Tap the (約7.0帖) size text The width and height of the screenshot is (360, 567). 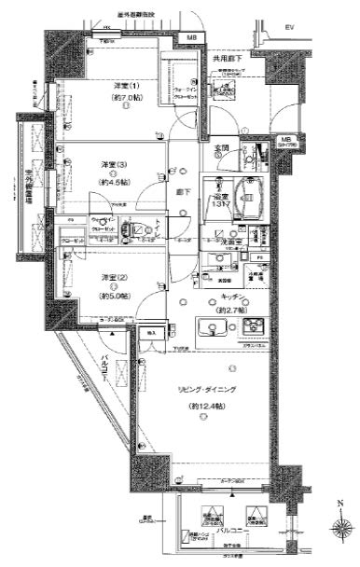coord(122,97)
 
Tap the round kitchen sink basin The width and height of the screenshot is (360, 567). coord(210,328)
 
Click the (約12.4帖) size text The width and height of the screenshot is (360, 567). coord(203,408)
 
